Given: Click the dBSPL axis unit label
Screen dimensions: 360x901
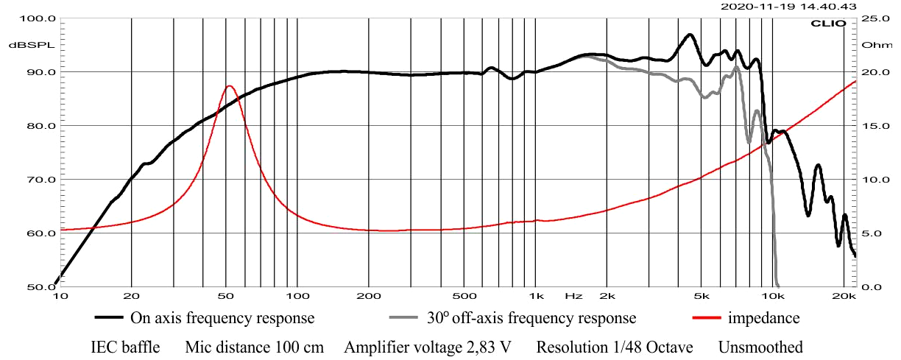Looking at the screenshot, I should (x=22, y=45).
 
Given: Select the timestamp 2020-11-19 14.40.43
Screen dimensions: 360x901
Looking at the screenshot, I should (x=788, y=7).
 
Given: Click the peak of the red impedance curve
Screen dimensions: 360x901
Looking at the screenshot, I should (x=229, y=86).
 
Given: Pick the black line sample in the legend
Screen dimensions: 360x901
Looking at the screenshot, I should (x=108, y=319).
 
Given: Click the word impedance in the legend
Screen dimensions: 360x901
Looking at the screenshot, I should (x=763, y=319).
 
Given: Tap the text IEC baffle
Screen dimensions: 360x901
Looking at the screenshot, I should (x=125, y=347).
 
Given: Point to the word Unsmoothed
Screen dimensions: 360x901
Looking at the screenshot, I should (x=760, y=347).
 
